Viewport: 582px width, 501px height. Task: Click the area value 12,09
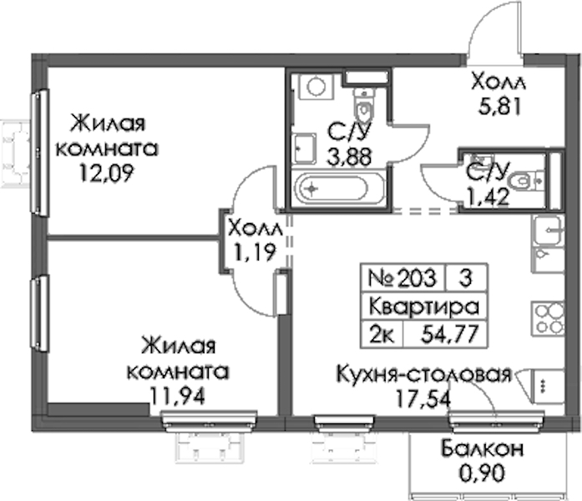(x=106, y=174)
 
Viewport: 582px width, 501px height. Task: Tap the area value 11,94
(x=177, y=397)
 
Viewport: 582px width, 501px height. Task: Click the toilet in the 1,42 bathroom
(x=526, y=181)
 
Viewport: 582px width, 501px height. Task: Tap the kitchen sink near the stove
(x=549, y=230)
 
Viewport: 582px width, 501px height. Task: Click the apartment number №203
(x=402, y=277)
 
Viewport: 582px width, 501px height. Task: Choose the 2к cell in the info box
(x=382, y=334)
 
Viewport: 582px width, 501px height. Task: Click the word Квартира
(x=424, y=307)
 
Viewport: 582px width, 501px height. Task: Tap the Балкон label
(x=483, y=449)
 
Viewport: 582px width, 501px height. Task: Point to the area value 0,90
(x=482, y=473)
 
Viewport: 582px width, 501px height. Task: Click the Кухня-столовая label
(x=424, y=374)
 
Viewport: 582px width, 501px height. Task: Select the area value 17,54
(x=424, y=399)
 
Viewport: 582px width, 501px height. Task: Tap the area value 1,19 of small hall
(x=254, y=253)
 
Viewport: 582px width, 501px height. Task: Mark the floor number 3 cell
(x=465, y=277)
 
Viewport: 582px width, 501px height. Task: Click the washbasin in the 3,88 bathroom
(x=304, y=149)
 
